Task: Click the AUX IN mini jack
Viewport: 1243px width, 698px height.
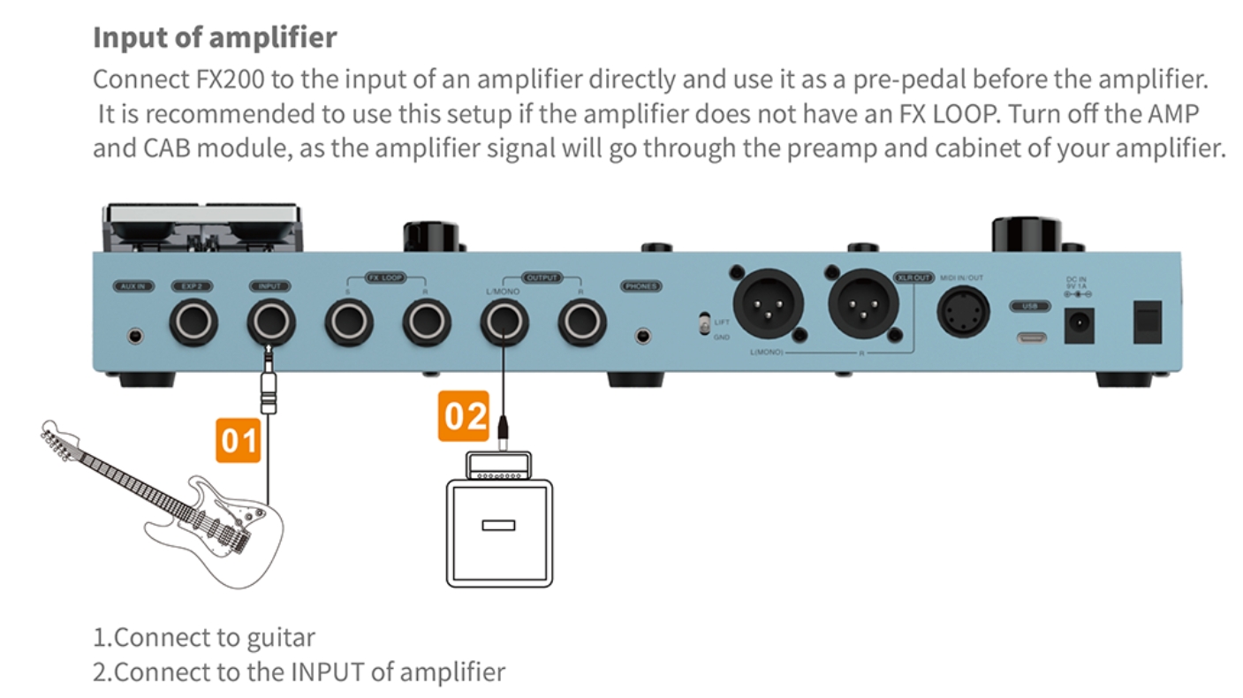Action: [x=134, y=336]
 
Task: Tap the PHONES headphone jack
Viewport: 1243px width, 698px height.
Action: [x=642, y=336]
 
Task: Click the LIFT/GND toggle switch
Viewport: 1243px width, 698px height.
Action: [x=704, y=326]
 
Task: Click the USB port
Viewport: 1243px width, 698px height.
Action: [x=1030, y=337]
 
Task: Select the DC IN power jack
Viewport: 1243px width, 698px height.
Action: [x=1079, y=325]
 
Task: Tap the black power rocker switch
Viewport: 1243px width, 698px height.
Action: [x=1147, y=322]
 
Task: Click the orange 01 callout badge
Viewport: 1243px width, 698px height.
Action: [x=238, y=439]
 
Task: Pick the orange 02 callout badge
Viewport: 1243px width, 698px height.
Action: [x=463, y=415]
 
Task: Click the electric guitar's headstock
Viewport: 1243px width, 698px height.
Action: [x=62, y=440]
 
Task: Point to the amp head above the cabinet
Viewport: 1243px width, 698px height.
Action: [x=499, y=466]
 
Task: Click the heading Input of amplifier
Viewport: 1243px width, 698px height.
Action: [x=215, y=38]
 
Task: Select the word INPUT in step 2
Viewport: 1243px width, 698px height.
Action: [x=326, y=671]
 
